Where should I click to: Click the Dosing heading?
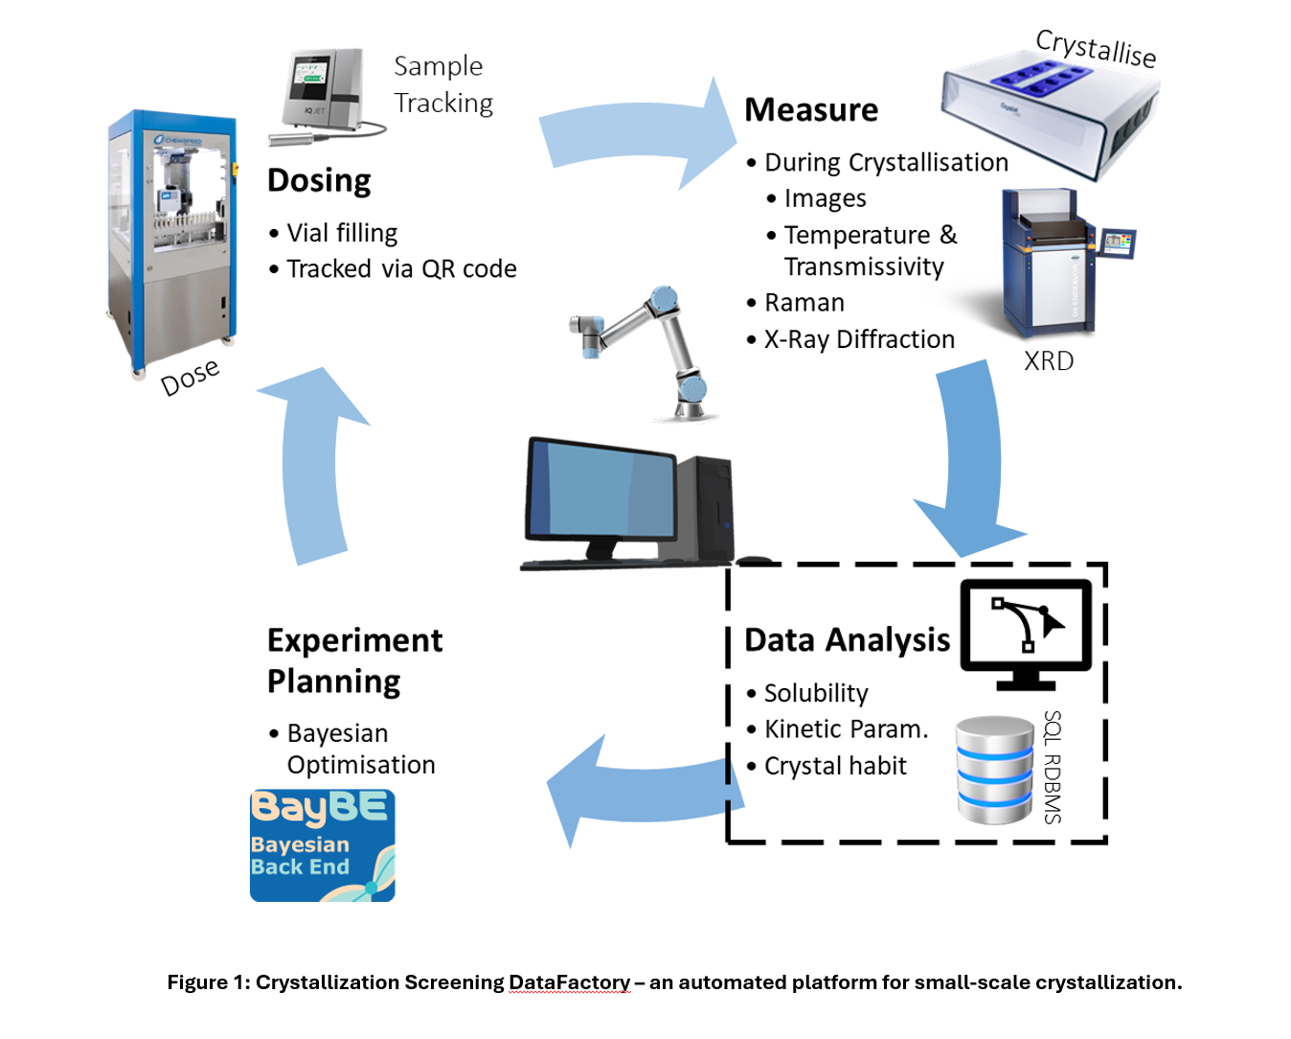coord(319,180)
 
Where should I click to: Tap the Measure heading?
coord(811,110)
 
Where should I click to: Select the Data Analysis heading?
coord(847,639)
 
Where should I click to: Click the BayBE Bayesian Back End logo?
coord(322,844)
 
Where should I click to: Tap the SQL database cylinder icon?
coord(995,770)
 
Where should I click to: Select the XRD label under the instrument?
coord(1049,361)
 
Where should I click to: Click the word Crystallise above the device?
coord(1096,47)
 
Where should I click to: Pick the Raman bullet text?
coord(804,303)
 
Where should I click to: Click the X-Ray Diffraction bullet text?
coord(859,339)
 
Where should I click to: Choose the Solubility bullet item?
coord(816,693)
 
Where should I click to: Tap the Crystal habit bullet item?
coord(835,766)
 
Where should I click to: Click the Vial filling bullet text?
coord(342,233)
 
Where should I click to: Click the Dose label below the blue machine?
coord(190,377)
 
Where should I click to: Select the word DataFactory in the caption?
coord(569,982)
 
